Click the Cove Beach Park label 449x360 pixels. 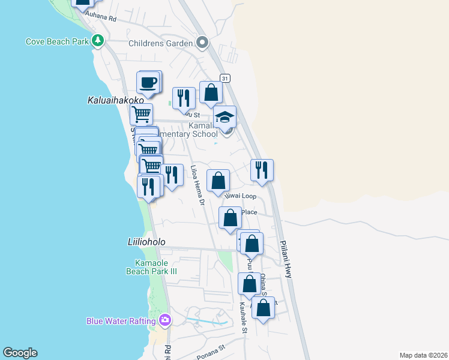pyautogui.click(x=57, y=41)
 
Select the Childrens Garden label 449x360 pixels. pyautogui.click(x=161, y=43)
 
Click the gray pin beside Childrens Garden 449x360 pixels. pyautogui.click(x=202, y=43)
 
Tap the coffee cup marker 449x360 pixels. pyautogui.click(x=148, y=83)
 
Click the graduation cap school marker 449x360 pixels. pyautogui.click(x=225, y=117)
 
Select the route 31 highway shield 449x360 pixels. pyautogui.click(x=224, y=79)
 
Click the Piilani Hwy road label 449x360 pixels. pyautogui.click(x=285, y=259)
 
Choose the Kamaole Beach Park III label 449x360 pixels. pyautogui.click(x=156, y=267)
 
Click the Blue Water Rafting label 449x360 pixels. pyautogui.click(x=121, y=321)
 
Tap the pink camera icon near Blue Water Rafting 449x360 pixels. pyautogui.click(x=165, y=321)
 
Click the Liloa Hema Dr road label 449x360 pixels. pyautogui.click(x=198, y=185)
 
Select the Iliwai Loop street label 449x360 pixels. pyautogui.click(x=240, y=196)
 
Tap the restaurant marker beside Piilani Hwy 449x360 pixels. pyautogui.click(x=262, y=170)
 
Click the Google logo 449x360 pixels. pyautogui.click(x=20, y=353)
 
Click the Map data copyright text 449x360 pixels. pyautogui.click(x=423, y=355)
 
